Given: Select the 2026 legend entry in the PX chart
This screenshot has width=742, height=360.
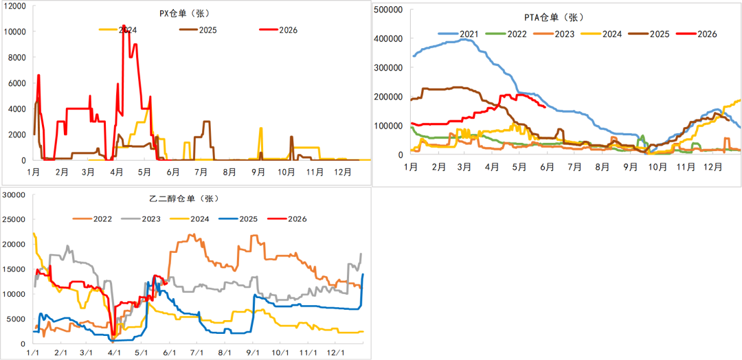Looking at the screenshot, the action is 278,30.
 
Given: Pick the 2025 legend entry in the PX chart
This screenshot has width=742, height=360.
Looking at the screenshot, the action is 198,30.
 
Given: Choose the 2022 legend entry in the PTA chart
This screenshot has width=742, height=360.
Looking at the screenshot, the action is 506,34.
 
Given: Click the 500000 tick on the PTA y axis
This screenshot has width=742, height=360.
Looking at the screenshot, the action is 387,10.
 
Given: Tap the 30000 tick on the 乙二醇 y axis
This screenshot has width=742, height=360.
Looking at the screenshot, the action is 13,195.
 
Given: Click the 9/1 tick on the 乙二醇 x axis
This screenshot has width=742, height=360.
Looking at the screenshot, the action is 252,353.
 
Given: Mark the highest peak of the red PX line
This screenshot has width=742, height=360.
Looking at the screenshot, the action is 124,25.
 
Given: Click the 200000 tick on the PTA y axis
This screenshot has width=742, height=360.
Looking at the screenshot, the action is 387,97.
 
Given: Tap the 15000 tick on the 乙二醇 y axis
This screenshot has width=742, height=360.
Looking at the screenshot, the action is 13,269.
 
